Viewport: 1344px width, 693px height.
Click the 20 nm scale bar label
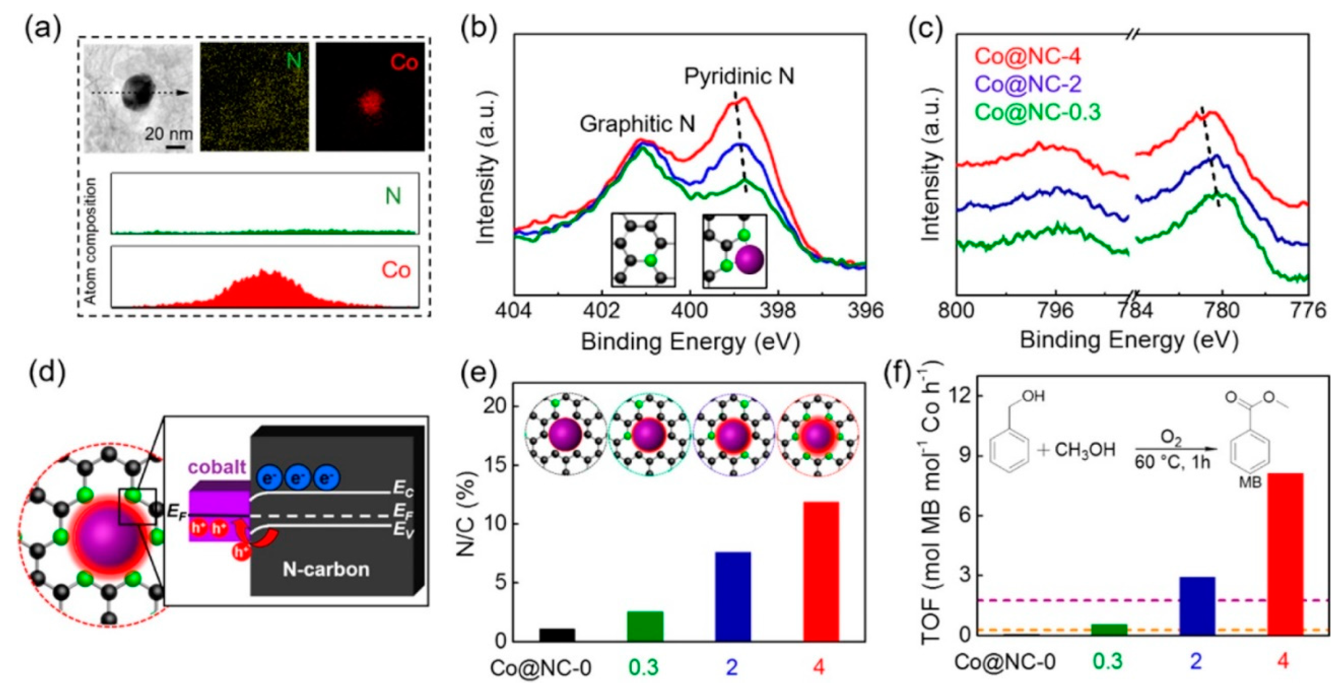pos(168,134)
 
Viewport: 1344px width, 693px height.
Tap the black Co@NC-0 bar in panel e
pos(557,635)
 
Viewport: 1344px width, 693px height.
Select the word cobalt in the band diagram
pos(216,467)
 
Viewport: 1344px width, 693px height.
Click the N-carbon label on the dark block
pos(326,569)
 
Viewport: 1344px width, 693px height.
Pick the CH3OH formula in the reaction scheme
pos(1085,450)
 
